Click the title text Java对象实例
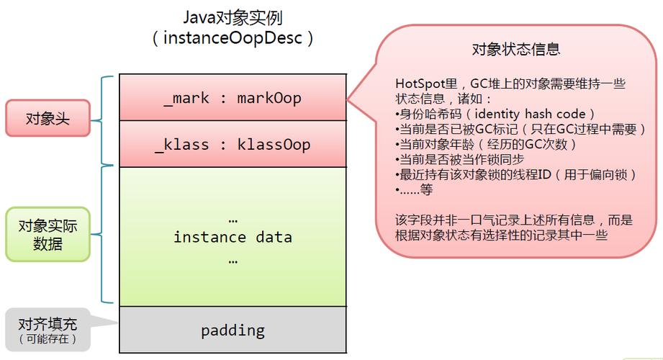[x=233, y=17]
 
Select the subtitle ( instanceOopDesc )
[x=233, y=38]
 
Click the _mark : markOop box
[x=233, y=97]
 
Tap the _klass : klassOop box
[x=233, y=144]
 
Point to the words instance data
[x=233, y=237]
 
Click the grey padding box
[x=233, y=330]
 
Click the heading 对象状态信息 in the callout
[x=515, y=49]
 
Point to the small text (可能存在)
[x=48, y=338]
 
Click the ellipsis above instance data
[x=233, y=218]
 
